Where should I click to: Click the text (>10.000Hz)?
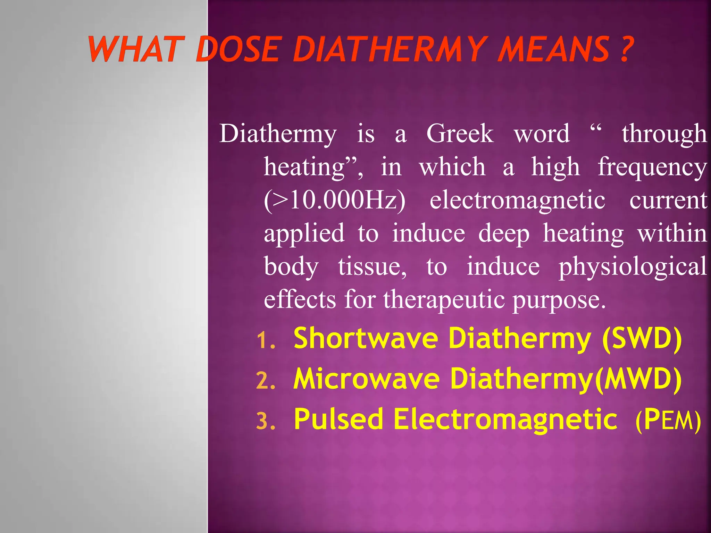(x=334, y=200)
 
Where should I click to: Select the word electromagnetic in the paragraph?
(x=517, y=200)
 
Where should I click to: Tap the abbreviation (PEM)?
(x=668, y=420)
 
